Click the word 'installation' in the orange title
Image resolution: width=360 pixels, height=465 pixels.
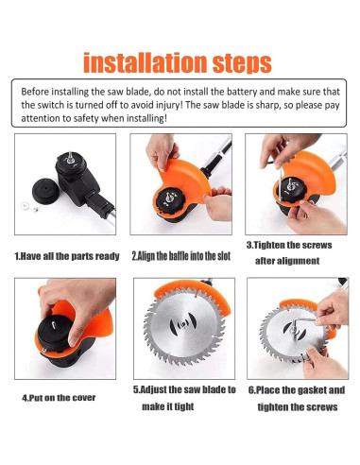[x=146, y=62]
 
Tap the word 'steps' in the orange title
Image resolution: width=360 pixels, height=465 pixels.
[x=242, y=64]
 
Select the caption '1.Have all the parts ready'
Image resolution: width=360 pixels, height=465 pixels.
[x=67, y=256]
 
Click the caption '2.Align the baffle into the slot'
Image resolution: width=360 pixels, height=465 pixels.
[x=181, y=256]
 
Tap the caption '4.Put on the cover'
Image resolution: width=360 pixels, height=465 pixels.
[x=59, y=398]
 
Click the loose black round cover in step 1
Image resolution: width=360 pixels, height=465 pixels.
[x=46, y=191]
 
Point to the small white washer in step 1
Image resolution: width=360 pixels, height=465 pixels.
[x=25, y=206]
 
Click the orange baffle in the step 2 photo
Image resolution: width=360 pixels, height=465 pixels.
[x=186, y=180]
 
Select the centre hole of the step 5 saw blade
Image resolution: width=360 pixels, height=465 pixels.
[x=183, y=324]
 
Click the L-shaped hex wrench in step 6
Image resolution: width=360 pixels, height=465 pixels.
[x=300, y=323]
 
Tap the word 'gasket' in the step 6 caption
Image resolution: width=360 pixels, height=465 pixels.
[x=311, y=390]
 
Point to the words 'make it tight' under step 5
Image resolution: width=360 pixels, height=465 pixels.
[x=168, y=406]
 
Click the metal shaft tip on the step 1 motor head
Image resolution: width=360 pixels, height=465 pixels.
[x=70, y=157]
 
